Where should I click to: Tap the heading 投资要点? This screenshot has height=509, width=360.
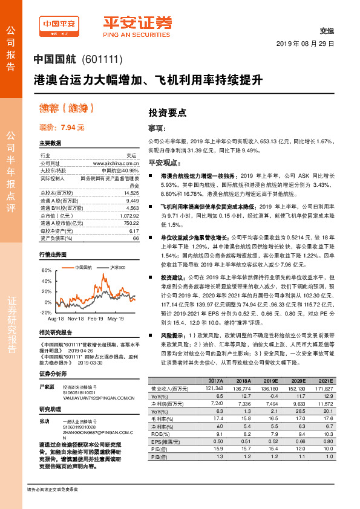(167, 112)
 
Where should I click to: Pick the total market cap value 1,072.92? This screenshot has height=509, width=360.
(128, 215)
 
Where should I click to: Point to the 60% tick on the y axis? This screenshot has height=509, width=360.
(47, 270)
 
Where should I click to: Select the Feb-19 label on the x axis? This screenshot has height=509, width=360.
(96, 318)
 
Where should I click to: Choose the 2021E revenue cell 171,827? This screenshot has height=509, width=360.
(324, 388)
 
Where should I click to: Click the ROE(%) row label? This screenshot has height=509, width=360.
(159, 433)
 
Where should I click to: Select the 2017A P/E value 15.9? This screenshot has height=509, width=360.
(215, 449)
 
